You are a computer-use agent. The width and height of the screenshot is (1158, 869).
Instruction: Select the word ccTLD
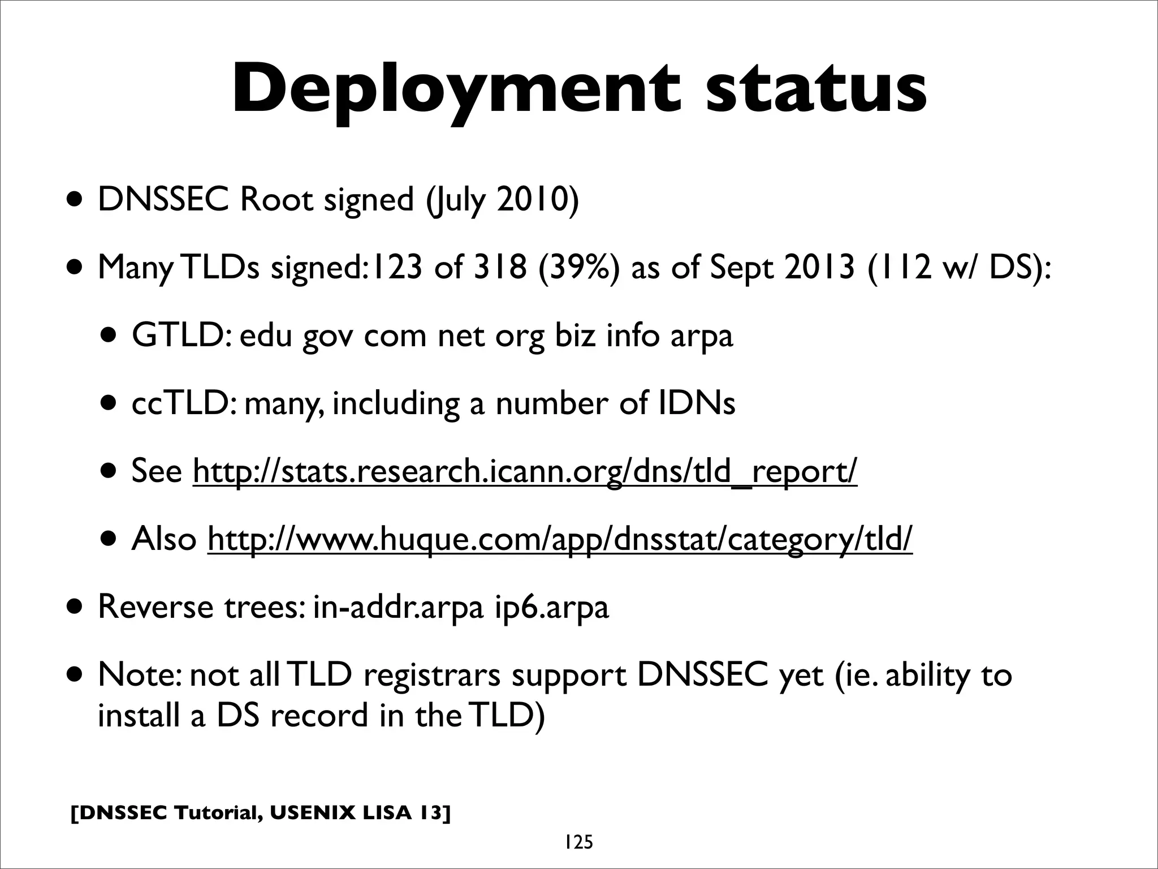point(180,403)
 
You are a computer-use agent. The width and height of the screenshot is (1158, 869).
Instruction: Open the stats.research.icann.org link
point(525,471)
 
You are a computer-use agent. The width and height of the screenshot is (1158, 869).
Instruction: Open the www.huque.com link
point(560,539)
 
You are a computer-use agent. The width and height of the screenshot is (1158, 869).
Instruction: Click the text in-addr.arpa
point(398,606)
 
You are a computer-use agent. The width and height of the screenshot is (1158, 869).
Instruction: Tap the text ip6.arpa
point(552,608)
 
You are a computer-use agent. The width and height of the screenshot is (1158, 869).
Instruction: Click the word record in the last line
point(319,715)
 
